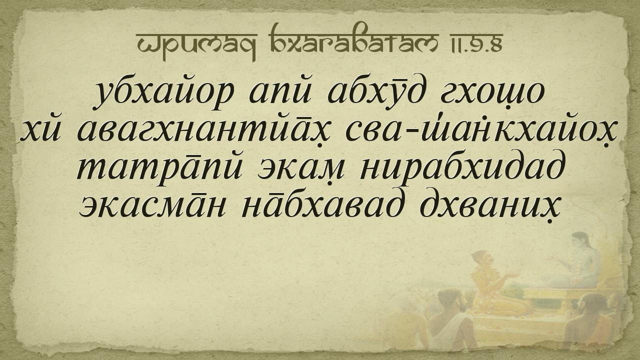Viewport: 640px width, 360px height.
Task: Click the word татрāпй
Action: (x=160, y=169)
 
